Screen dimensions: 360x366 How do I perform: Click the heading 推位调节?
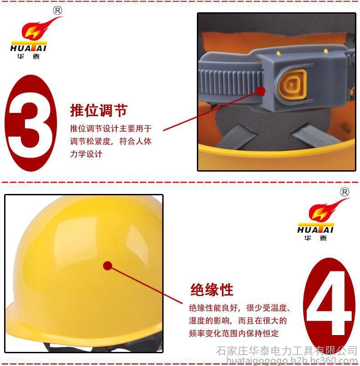[x=98, y=110]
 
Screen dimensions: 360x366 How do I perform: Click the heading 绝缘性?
[x=211, y=290]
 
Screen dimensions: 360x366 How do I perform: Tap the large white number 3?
[x=30, y=123]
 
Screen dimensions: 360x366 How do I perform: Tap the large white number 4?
[x=329, y=303]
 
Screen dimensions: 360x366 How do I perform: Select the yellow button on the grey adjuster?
[x=292, y=85]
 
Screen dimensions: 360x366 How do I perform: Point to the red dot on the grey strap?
[x=261, y=91]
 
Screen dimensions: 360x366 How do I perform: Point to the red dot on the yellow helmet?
[x=108, y=266]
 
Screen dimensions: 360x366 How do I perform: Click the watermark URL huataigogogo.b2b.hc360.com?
[x=292, y=361]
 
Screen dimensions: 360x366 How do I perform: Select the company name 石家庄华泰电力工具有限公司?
[x=287, y=351]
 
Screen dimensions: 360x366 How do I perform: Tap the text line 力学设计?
[x=86, y=154]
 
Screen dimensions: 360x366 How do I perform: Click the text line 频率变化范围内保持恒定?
[x=234, y=333]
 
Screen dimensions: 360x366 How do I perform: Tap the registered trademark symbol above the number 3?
[x=57, y=10]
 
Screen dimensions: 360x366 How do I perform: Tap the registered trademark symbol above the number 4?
[x=345, y=192]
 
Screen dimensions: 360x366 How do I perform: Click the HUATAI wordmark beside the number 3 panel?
[x=29, y=48]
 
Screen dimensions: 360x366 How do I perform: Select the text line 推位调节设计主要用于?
[x=111, y=128]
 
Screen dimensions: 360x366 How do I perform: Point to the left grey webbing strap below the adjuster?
[x=236, y=137]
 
